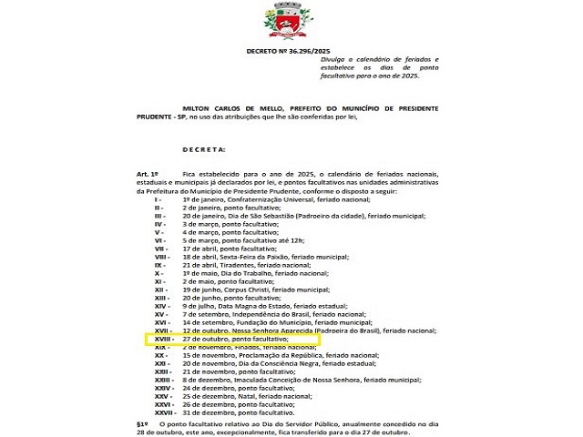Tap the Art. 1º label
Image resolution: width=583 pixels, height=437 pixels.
(x=148, y=174)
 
